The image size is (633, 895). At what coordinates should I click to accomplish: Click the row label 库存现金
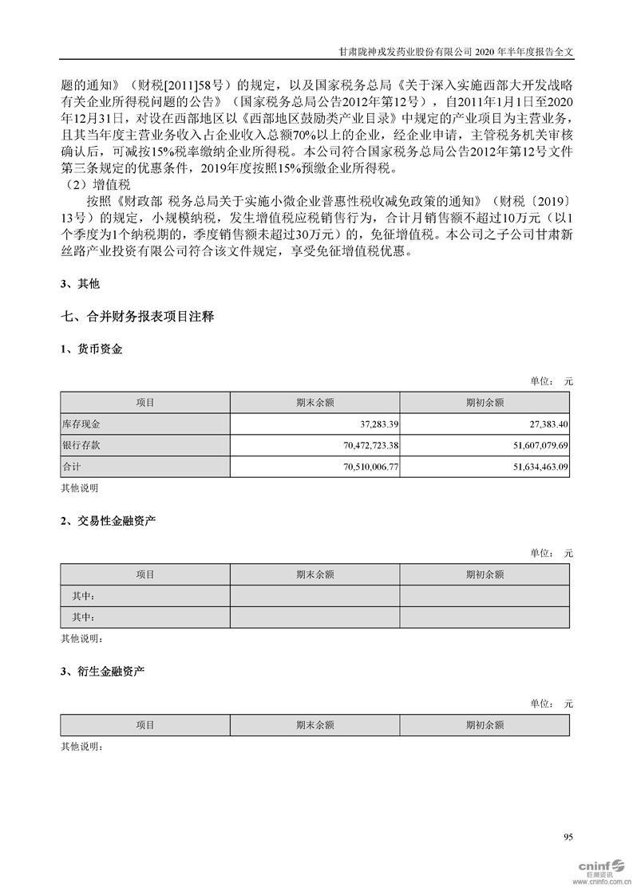coord(81,424)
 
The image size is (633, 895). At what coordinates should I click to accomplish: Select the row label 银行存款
coord(81,444)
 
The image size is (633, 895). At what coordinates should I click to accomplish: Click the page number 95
coord(568,837)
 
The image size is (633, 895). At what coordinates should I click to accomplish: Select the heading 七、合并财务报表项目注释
coord(136,317)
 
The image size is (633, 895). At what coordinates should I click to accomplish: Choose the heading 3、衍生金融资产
coord(102,672)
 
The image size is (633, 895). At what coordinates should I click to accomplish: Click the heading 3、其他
coord(81,283)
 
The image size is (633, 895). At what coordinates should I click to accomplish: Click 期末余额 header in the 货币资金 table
coord(315,403)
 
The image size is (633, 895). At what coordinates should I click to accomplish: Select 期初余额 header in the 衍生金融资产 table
coord(485,725)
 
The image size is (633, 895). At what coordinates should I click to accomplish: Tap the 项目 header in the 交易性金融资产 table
coord(145,574)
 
